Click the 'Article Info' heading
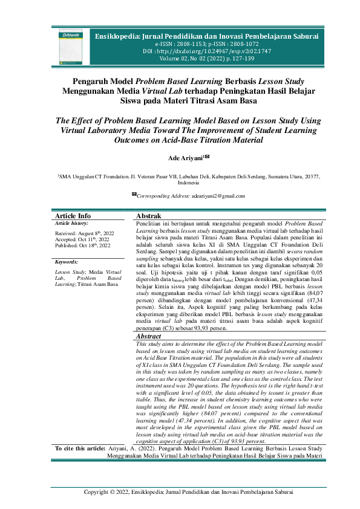tap(73, 216)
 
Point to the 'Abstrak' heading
tap(148, 216)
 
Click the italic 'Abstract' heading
tap(149, 336)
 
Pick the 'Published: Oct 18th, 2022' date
tap(83, 245)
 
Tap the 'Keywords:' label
tap(68, 262)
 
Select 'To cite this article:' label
tap(80, 449)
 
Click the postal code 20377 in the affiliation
tap(312, 177)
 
